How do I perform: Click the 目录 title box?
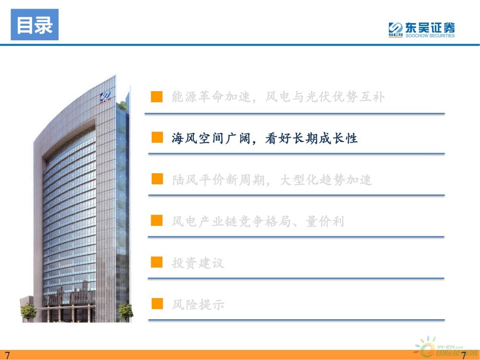pyautogui.click(x=35, y=24)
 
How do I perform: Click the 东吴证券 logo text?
pyautogui.click(x=430, y=27)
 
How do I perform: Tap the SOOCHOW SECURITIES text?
pyautogui.click(x=430, y=36)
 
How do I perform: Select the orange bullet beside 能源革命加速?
pyautogui.click(x=157, y=96)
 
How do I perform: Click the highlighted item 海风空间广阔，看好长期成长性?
pyautogui.click(x=264, y=138)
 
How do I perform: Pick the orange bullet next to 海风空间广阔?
pyautogui.click(x=157, y=137)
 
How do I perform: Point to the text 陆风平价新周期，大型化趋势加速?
pyautogui.click(x=272, y=180)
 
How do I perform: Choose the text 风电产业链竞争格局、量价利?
pyautogui.click(x=258, y=221)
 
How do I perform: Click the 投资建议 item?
pyautogui.click(x=198, y=263)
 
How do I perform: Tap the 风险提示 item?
pyautogui.click(x=198, y=304)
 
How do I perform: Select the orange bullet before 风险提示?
pyautogui.click(x=157, y=304)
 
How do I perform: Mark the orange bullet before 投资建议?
pyautogui.click(x=157, y=262)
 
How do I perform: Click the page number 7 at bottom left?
pyautogui.click(x=7, y=355)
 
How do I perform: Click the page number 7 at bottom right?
pyautogui.click(x=464, y=355)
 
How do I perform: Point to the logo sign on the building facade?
pyautogui.click(x=105, y=97)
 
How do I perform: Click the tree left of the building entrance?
pyautogui.click(x=28, y=312)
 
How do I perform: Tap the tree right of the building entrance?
pyautogui.click(x=126, y=312)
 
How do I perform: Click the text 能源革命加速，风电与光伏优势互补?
pyautogui.click(x=278, y=97)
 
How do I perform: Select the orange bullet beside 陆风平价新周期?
pyautogui.click(x=157, y=179)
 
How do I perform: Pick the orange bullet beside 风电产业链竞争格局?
pyautogui.click(x=157, y=220)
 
